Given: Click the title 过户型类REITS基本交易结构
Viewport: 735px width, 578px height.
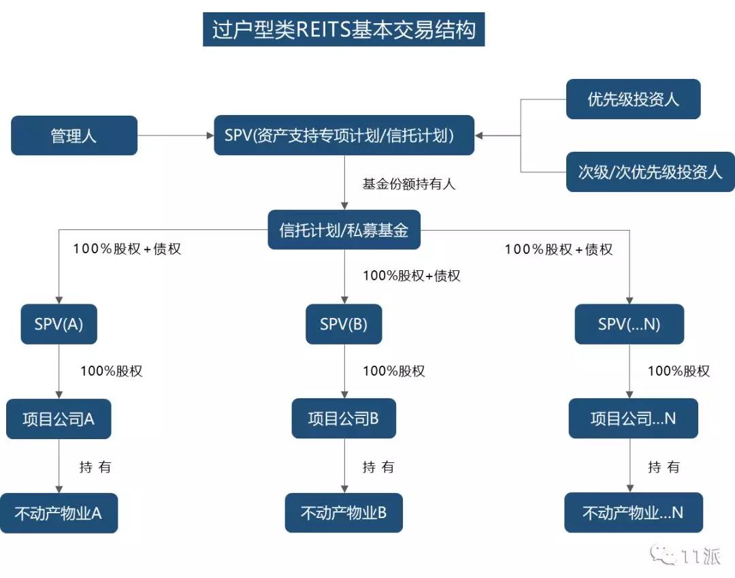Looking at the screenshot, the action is (344, 29).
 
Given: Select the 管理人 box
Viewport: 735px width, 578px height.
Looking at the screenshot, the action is (74, 135).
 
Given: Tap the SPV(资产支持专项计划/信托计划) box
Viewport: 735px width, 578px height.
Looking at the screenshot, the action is (344, 135).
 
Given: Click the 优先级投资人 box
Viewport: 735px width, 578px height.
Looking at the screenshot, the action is (634, 99).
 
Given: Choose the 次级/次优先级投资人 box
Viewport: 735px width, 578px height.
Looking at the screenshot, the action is (650, 172).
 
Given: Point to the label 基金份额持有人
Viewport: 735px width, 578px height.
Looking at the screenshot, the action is (409, 184).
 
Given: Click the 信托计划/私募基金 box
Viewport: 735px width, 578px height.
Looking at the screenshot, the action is (344, 229).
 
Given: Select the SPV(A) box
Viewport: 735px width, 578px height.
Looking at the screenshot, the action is (59, 324).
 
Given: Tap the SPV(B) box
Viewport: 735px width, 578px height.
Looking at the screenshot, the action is (344, 324).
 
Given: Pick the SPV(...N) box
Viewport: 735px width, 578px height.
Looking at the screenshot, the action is (630, 324).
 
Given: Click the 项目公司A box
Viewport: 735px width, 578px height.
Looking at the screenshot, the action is (59, 419).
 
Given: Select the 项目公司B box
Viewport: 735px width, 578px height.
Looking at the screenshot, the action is (344, 418).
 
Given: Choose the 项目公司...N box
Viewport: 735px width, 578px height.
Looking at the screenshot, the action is (634, 418).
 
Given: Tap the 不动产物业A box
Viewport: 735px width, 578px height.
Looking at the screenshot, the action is (59, 513).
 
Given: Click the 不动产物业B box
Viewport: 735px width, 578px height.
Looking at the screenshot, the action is (344, 513).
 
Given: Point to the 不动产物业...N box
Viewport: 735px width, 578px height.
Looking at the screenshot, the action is (634, 513).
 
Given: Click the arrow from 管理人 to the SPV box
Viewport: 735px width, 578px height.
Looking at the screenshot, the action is (176, 135).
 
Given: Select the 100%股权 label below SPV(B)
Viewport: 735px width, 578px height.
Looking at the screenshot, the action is (394, 371).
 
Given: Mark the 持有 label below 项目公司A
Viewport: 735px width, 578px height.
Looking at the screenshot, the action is (95, 467).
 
